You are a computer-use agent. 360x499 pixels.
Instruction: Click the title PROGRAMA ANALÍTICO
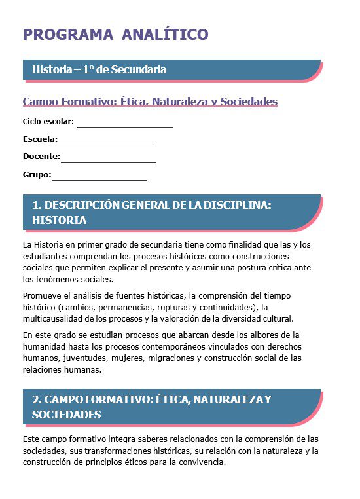pos(115,35)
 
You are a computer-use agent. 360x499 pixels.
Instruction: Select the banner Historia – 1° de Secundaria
pos(99,69)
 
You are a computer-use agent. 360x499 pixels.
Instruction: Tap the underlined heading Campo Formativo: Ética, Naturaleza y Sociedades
pos(150,102)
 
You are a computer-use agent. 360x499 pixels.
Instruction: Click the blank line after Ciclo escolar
pos(124,124)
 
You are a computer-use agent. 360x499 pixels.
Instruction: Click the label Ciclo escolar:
pos(48,122)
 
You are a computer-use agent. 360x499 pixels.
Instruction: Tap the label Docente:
pos(41,157)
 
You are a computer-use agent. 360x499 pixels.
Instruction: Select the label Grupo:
pos(37,175)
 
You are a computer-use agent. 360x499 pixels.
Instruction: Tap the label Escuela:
pos(40,139)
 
